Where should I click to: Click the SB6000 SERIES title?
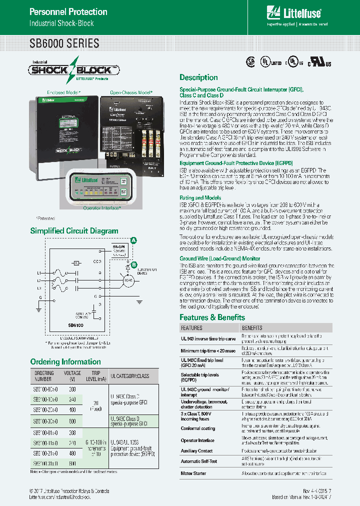pyautogui.click(x=64, y=43)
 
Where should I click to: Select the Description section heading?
pyautogui.click(x=198, y=77)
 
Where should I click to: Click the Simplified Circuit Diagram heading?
pyautogui.click(x=74, y=231)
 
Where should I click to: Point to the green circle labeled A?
pyautogui.click(x=133, y=241)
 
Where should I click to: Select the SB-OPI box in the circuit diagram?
pyautogui.click(x=118, y=250)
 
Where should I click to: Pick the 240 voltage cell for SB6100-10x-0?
pyautogui.click(x=72, y=399)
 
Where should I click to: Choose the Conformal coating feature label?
pyautogui.click(x=197, y=428)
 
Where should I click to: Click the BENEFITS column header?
pyautogui.click(x=252, y=328)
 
